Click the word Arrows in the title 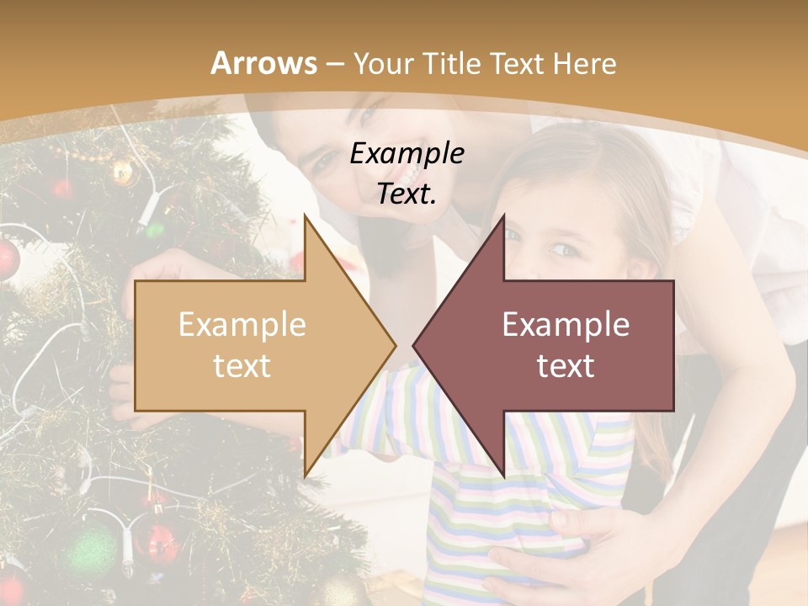pos(263,63)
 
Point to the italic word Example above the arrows pos(407,154)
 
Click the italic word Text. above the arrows pos(407,194)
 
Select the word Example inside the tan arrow pos(242,325)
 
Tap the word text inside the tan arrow pos(242,366)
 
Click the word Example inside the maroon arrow pos(566,325)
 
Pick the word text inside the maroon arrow pos(566,366)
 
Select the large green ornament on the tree pos(90,551)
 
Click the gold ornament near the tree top pos(124,173)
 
